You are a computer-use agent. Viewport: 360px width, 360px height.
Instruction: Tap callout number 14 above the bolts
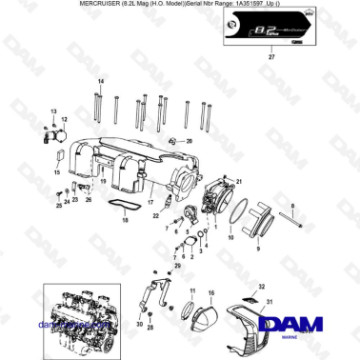coord(100,83)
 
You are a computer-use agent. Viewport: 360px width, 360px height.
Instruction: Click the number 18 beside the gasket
coord(125,219)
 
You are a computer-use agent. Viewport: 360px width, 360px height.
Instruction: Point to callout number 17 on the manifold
coord(150,202)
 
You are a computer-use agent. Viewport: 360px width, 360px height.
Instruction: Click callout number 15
coord(57,173)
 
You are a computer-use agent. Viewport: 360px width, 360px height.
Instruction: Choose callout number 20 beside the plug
coord(189,141)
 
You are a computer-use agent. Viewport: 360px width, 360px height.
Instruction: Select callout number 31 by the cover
coord(269,302)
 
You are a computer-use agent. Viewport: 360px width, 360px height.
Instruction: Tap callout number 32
coord(260,287)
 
